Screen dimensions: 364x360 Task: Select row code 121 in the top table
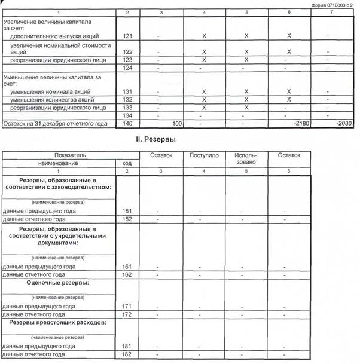(126, 36)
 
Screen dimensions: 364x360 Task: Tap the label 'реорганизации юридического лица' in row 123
(57, 60)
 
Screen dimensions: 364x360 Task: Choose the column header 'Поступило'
(205, 155)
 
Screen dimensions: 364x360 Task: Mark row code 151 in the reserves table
(126, 212)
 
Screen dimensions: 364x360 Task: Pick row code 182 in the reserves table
(126, 355)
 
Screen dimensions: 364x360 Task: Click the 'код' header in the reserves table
(126, 163)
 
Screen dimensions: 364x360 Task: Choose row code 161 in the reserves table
(126, 267)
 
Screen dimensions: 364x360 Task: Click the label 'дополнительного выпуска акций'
(54, 36)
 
